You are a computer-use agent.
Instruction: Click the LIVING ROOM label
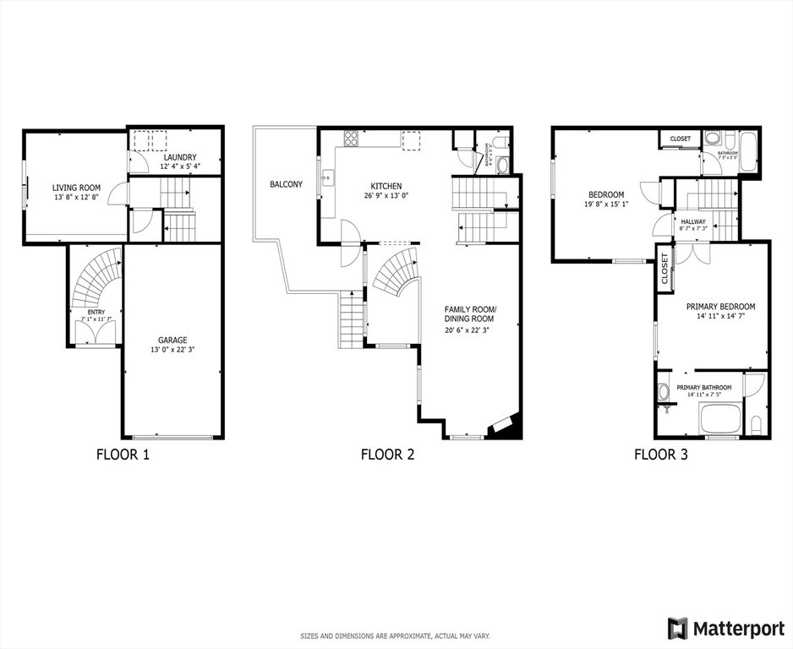pyautogui.click(x=76, y=188)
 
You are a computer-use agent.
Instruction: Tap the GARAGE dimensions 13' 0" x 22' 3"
pyautogui.click(x=172, y=349)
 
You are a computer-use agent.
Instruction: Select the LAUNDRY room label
pyautogui.click(x=180, y=157)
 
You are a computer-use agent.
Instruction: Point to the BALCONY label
pyautogui.click(x=286, y=184)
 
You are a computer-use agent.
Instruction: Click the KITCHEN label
pyautogui.click(x=386, y=187)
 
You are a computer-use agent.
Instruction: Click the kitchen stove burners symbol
pyautogui.click(x=350, y=138)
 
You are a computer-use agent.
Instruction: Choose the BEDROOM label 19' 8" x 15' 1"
pyautogui.click(x=606, y=194)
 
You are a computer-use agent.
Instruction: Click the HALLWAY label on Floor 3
pyautogui.click(x=693, y=221)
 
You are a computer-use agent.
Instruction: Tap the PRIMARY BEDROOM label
pyautogui.click(x=720, y=307)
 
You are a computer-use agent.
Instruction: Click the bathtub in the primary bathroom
pyautogui.click(x=718, y=417)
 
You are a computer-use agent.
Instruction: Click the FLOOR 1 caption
pyautogui.click(x=123, y=455)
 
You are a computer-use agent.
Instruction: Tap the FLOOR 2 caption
pyautogui.click(x=387, y=455)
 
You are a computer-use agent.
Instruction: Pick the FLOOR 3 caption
pyautogui.click(x=661, y=455)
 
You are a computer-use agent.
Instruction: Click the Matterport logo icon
pyautogui.click(x=678, y=629)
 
